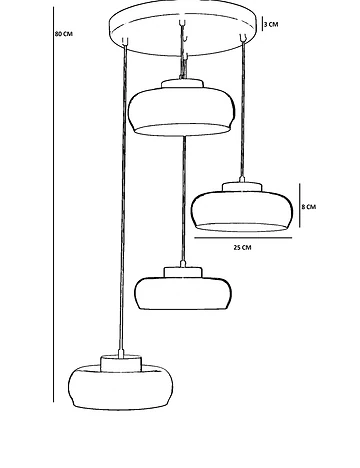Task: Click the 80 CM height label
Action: coord(64,34)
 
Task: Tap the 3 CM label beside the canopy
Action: coord(271,24)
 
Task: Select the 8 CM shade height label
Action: coord(308,207)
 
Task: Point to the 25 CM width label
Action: coord(242,247)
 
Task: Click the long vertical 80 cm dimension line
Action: coord(54,204)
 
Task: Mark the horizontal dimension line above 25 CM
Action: coord(243,238)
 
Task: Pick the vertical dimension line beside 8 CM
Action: coord(299,205)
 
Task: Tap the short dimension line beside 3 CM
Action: coord(262,24)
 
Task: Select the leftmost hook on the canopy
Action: coord(125,41)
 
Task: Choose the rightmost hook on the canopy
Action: coord(243,38)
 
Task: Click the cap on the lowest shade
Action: coord(121,363)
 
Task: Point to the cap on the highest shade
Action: coord(182,83)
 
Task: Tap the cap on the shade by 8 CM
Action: coord(242,187)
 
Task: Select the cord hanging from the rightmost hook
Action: coord(242,109)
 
